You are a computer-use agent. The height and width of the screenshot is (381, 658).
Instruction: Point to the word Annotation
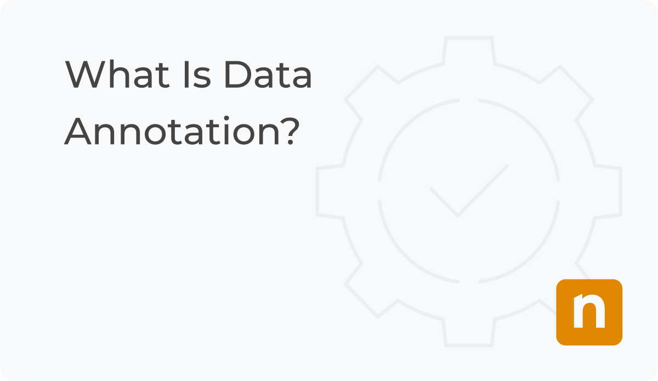(173, 132)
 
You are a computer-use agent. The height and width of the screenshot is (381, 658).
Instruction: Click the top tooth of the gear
(469, 49)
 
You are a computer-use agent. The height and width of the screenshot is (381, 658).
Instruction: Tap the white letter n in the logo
(589, 312)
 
